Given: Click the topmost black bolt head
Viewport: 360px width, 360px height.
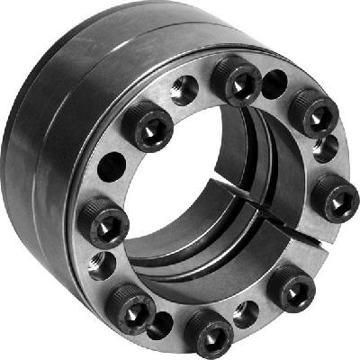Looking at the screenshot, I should point(238,83).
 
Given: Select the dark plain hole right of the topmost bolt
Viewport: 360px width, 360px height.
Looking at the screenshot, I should point(273,83).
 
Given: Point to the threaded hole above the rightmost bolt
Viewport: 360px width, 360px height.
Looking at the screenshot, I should point(327,147).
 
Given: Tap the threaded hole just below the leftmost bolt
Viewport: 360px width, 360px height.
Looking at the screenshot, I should point(102,264).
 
